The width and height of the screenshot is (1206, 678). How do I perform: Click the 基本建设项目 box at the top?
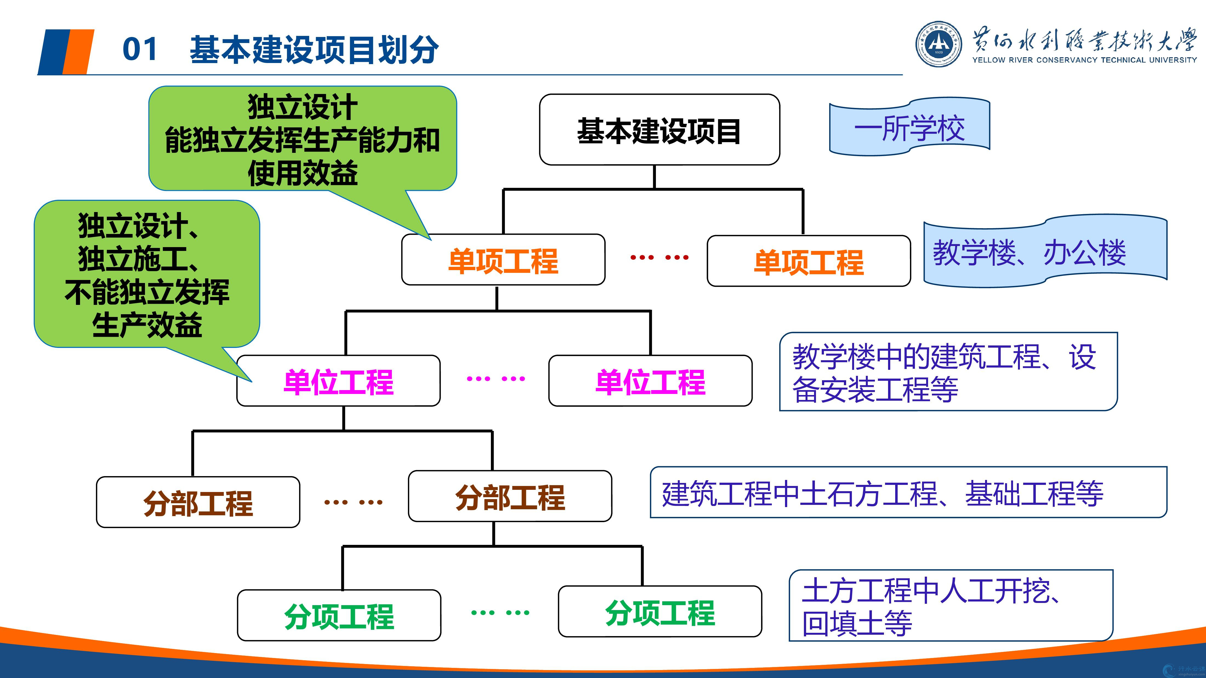click(659, 130)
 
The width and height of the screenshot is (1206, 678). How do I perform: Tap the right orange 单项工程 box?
click(809, 261)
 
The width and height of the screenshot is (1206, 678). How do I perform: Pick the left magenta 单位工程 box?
click(339, 381)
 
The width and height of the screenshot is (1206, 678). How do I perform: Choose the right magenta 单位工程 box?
click(650, 381)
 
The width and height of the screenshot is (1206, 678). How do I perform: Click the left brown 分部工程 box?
click(198, 502)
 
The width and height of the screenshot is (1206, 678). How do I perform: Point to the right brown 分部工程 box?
click(510, 496)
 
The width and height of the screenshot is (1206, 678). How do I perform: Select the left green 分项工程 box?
click(339, 615)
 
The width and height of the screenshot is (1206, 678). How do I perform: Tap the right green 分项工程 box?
click(660, 611)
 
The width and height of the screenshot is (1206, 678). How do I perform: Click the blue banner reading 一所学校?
click(909, 127)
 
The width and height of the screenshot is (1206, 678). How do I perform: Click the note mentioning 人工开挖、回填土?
click(950, 606)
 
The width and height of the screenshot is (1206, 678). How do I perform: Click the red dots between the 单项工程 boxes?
click(659, 257)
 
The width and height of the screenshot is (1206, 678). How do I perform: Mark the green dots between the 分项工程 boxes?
click(500, 612)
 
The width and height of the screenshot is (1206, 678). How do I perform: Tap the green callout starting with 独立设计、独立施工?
click(147, 275)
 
